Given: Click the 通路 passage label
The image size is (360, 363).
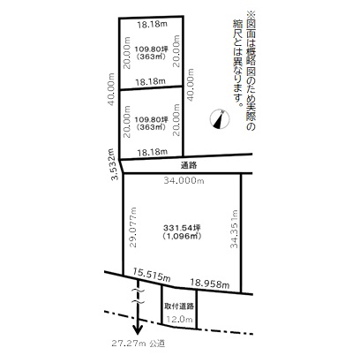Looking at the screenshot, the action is coord(189,165).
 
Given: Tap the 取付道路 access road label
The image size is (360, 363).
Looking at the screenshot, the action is coord(179,306).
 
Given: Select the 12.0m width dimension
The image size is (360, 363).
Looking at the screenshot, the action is coord(179,319).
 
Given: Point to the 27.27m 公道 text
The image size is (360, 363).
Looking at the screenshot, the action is coord(138,344).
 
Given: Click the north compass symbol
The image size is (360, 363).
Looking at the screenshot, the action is coord(220,119).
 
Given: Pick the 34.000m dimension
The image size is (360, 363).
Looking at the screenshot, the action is coord(184,180).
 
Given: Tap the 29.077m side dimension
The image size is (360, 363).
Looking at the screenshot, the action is coord(133,227).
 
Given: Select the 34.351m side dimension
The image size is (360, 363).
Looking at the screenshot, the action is coord(234,229).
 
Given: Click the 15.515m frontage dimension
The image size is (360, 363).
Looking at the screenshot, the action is coord(152,275).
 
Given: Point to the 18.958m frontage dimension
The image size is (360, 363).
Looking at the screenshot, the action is coord(210,284).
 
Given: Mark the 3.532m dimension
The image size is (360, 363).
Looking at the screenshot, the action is coord(115,164).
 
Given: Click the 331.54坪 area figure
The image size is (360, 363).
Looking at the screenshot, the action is coord(182,228).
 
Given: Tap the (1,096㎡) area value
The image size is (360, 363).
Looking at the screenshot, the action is coord(182,236).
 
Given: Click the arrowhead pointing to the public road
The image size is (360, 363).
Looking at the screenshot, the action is coord(138,329).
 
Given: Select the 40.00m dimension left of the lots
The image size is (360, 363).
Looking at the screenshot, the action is coord(111,89).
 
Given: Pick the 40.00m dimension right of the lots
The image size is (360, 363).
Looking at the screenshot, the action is coord(191,85).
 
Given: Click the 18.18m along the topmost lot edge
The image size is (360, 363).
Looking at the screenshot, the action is coord(153,24).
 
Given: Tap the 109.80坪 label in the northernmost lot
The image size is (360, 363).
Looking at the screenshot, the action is coord(151,49).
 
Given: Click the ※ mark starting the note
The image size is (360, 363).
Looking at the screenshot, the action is coord(251,14).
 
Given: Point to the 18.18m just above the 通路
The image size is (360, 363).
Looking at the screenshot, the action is coord(153,152).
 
